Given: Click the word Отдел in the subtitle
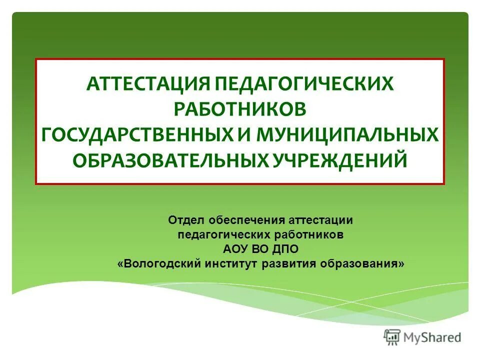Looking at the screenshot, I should (x=185, y=220).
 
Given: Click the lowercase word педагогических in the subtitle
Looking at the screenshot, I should (x=224, y=234).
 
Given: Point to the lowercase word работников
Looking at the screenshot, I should (x=308, y=234).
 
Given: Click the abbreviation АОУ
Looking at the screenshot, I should (x=233, y=249).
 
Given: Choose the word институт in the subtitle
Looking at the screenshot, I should (x=231, y=263).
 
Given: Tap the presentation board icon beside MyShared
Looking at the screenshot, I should (x=392, y=337).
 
